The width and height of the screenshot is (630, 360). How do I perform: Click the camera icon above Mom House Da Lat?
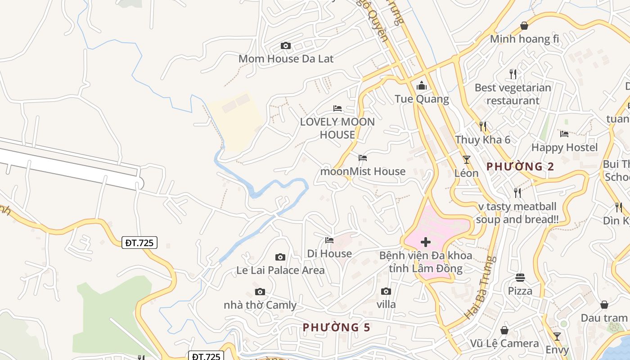[285, 45]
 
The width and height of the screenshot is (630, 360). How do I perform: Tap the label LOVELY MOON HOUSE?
[337, 128]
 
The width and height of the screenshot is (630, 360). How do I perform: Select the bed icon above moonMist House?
[363, 158]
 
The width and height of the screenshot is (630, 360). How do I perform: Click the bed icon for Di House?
[329, 240]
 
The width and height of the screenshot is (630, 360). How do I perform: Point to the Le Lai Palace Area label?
[280, 270]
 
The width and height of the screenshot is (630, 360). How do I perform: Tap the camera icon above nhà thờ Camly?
[260, 292]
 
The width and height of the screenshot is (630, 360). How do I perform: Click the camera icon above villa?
[386, 291]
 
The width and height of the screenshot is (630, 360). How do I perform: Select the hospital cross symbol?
[425, 243]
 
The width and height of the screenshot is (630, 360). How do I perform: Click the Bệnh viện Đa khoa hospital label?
[426, 262]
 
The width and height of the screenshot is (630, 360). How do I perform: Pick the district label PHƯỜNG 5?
[336, 327]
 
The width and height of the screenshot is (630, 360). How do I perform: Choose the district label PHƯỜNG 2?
[520, 166]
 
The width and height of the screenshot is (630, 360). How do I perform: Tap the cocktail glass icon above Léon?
[467, 160]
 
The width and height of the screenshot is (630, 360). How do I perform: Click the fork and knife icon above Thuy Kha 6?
[483, 126]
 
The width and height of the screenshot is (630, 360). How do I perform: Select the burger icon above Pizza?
[520, 277]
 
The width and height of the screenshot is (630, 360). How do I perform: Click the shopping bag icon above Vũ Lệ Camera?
[504, 330]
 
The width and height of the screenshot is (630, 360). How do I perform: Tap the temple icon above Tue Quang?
[422, 85]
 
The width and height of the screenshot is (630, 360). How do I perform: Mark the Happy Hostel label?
[564, 147]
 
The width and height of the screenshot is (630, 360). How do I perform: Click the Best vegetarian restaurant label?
[513, 94]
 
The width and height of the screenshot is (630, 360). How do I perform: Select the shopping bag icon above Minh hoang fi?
[524, 26]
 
